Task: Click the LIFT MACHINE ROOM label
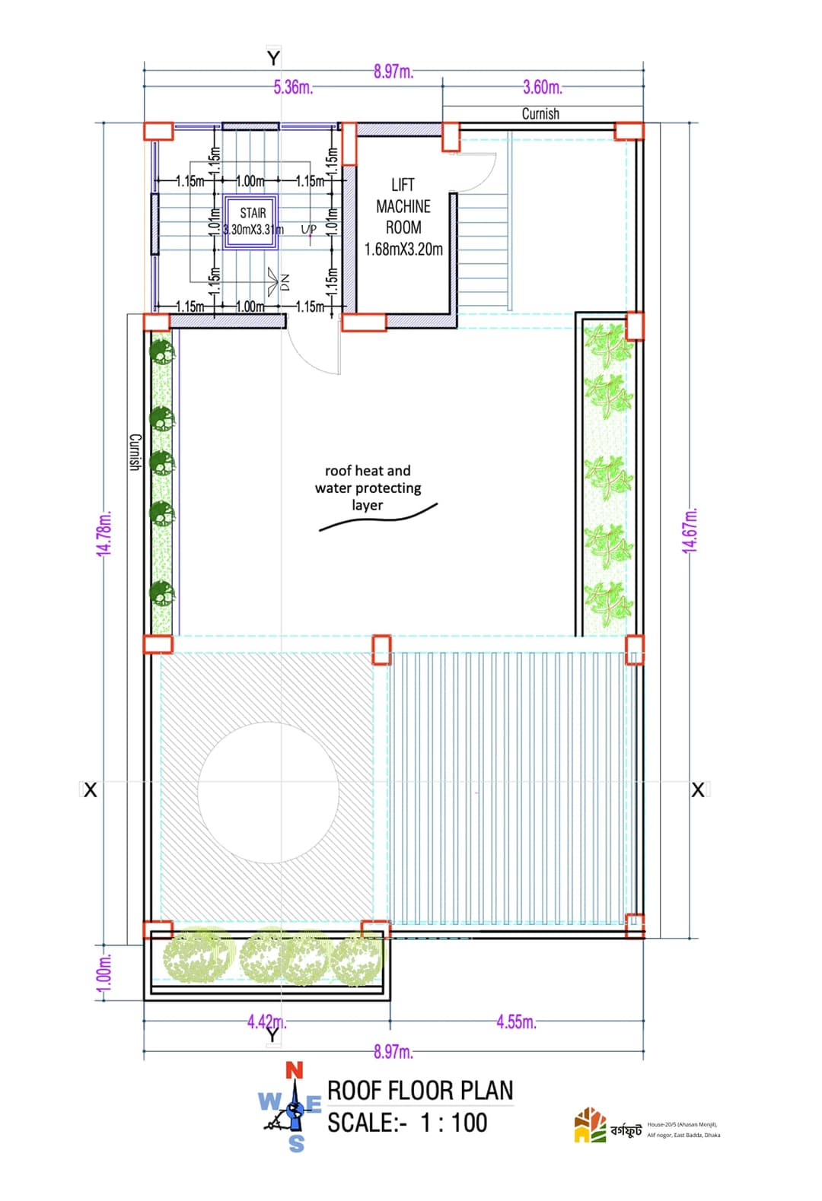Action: click(x=403, y=217)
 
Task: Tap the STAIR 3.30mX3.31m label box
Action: click(x=253, y=221)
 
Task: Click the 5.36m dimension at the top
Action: click(x=293, y=87)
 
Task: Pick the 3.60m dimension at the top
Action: click(x=543, y=87)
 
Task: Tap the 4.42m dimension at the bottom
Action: click(x=266, y=1021)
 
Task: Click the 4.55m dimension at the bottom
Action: click(x=516, y=1021)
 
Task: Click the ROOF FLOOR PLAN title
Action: click(x=420, y=1090)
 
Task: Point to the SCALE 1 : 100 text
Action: click(x=407, y=1123)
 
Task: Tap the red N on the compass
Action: click(x=294, y=1070)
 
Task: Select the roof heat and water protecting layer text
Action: click(x=368, y=488)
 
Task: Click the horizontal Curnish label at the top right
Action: click(x=540, y=114)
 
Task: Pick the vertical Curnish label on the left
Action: click(x=135, y=452)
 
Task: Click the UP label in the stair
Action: click(x=308, y=229)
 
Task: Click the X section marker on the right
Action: click(x=698, y=790)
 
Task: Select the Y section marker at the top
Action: click(x=273, y=58)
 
